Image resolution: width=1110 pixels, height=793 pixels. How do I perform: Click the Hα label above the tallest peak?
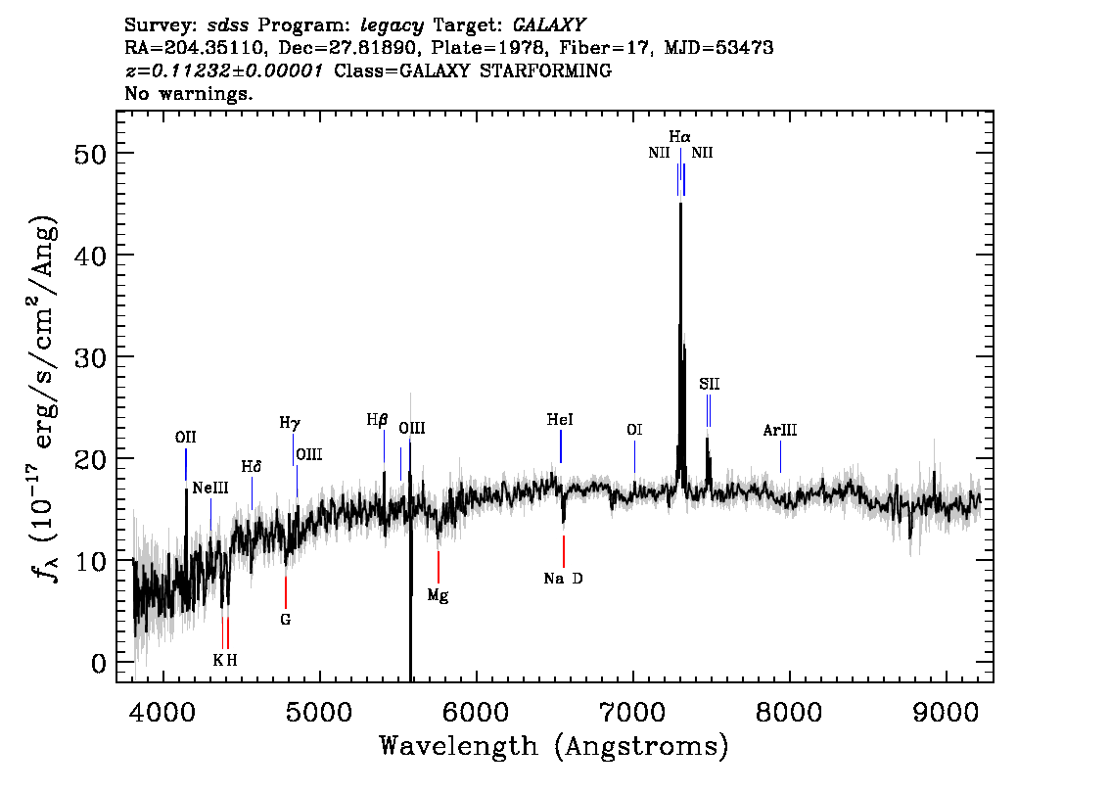click(x=679, y=137)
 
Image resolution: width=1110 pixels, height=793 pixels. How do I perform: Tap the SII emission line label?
click(x=709, y=384)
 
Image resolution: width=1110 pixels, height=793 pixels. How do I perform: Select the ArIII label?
click(x=780, y=430)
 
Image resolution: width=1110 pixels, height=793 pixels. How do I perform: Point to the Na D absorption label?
click(x=564, y=579)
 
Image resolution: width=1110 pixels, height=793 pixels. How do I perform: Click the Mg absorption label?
click(x=439, y=595)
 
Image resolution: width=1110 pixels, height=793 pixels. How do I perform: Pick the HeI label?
click(x=560, y=420)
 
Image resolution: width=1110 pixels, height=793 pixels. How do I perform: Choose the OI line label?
click(x=634, y=430)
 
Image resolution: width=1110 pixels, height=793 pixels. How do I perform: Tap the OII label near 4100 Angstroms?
click(x=185, y=437)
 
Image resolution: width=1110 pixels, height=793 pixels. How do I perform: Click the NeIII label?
click(x=210, y=488)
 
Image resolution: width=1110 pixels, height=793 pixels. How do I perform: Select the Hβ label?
click(x=377, y=420)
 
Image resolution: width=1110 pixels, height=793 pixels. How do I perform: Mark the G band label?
click(x=285, y=620)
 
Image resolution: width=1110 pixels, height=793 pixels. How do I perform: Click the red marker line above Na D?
click(x=564, y=551)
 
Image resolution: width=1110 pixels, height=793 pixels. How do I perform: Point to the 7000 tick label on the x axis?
click(x=633, y=712)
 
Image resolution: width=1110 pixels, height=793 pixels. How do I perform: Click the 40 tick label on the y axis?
click(x=89, y=255)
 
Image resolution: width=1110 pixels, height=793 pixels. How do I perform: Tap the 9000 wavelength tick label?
click(x=946, y=712)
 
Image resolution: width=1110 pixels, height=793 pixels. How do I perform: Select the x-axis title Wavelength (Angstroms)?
click(x=554, y=746)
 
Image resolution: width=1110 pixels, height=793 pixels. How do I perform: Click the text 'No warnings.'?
click(x=188, y=93)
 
